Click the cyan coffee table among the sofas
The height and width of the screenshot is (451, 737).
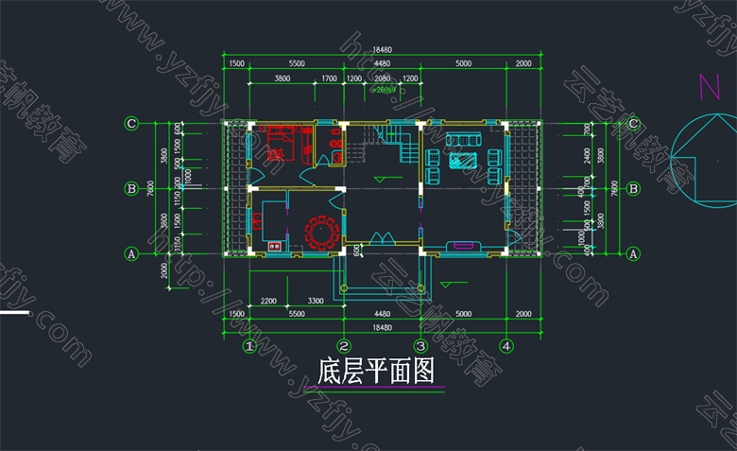point(463,158)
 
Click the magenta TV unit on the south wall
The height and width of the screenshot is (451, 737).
point(465,246)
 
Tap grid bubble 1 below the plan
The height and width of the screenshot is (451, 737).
point(249,347)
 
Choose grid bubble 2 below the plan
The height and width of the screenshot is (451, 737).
point(345,347)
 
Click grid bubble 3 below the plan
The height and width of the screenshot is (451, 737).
point(421,347)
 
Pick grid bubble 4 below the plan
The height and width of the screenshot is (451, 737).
point(506,347)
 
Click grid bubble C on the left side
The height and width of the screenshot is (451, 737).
point(132,123)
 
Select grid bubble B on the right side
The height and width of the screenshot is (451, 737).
point(633,188)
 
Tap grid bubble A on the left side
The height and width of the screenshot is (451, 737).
point(132,252)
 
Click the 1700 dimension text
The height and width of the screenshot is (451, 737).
point(329,78)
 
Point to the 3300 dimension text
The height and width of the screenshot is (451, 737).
point(316,301)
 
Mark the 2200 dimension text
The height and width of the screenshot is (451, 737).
point(268,301)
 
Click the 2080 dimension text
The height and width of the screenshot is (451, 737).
point(382,78)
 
